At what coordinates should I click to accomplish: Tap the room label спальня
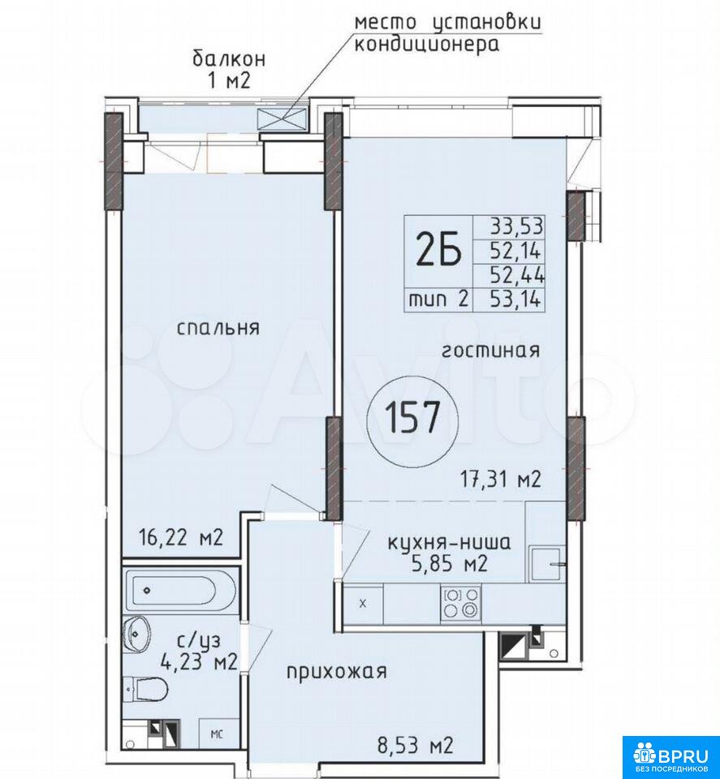[x=218, y=328]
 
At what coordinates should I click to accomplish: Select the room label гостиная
[x=491, y=351]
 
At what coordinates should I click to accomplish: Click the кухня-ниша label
[x=448, y=543]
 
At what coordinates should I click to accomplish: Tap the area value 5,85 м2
[x=449, y=564]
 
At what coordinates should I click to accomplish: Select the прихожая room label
[x=336, y=672]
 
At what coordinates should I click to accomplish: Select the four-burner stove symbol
[x=460, y=602]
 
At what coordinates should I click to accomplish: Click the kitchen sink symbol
[x=546, y=564]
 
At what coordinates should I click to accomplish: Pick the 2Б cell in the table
[x=438, y=252]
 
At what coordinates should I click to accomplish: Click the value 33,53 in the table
[x=517, y=226]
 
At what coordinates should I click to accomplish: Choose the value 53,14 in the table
[x=515, y=299]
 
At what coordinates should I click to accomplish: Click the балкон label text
[x=229, y=59]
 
